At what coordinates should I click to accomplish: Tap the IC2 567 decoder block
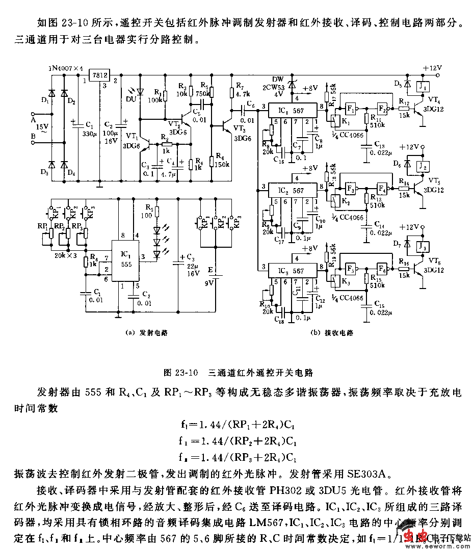click(x=291, y=190)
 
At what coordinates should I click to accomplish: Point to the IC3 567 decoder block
click(x=291, y=271)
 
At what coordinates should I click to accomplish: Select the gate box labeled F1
click(x=350, y=109)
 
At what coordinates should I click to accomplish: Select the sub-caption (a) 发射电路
click(x=147, y=332)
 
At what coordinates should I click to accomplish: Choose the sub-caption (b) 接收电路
click(x=332, y=333)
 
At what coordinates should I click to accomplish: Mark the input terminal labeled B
click(x=33, y=136)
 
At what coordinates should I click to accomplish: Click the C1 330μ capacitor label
click(x=88, y=128)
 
